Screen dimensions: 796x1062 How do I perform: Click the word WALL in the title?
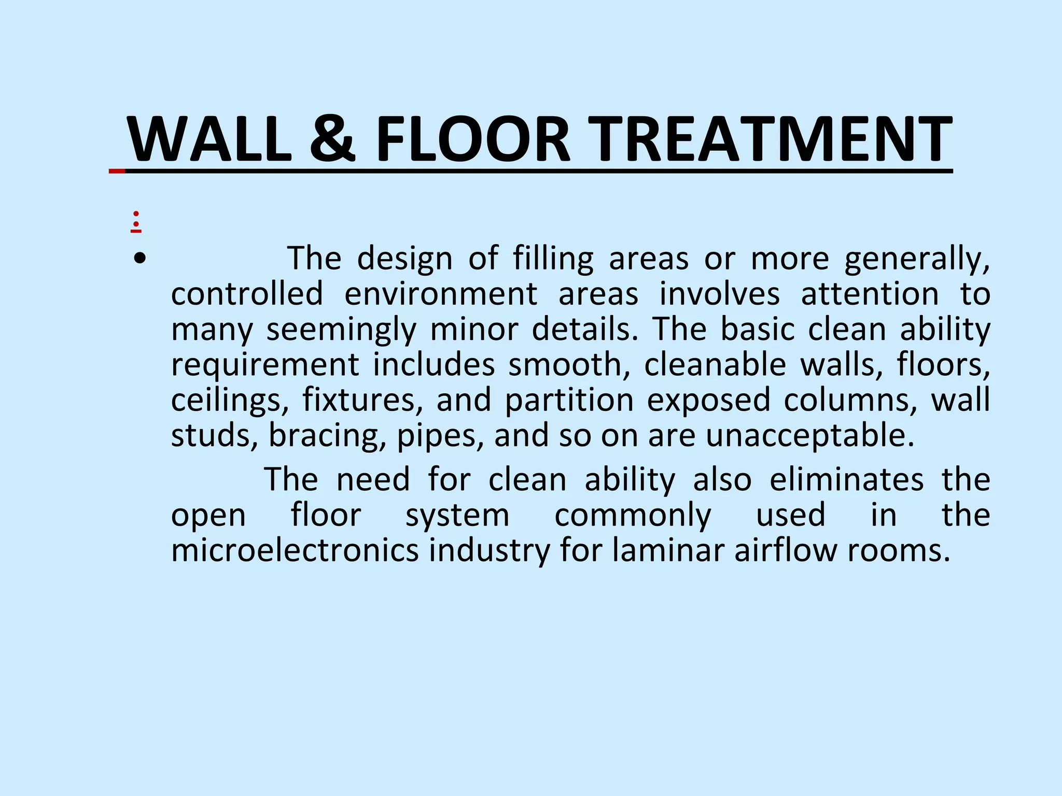pos(209,139)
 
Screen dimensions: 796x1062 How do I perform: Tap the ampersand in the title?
pos(332,139)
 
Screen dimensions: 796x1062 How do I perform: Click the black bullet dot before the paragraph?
pos(139,258)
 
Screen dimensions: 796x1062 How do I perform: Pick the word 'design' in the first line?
pos(404,258)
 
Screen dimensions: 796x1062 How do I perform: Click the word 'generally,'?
pos(917,258)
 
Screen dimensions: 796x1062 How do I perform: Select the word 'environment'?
pos(441,294)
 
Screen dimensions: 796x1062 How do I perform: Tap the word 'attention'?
pos(870,294)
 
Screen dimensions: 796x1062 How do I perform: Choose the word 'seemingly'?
pos(341,329)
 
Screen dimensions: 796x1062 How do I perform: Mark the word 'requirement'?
pos(265,364)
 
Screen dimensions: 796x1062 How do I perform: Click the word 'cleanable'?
pos(715,364)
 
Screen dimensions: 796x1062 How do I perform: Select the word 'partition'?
pos(569,400)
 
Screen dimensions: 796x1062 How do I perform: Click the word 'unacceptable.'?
pos(810,435)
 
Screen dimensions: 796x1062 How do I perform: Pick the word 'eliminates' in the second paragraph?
pos(846,479)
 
